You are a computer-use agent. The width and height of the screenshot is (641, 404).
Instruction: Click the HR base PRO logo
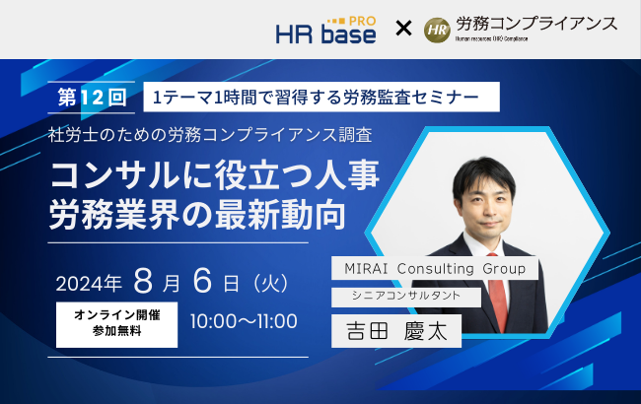(324, 30)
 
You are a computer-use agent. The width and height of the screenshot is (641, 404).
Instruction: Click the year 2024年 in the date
(89, 283)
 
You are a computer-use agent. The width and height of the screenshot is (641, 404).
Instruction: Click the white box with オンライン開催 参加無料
(116, 322)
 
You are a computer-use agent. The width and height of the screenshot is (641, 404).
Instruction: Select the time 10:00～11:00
(244, 322)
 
